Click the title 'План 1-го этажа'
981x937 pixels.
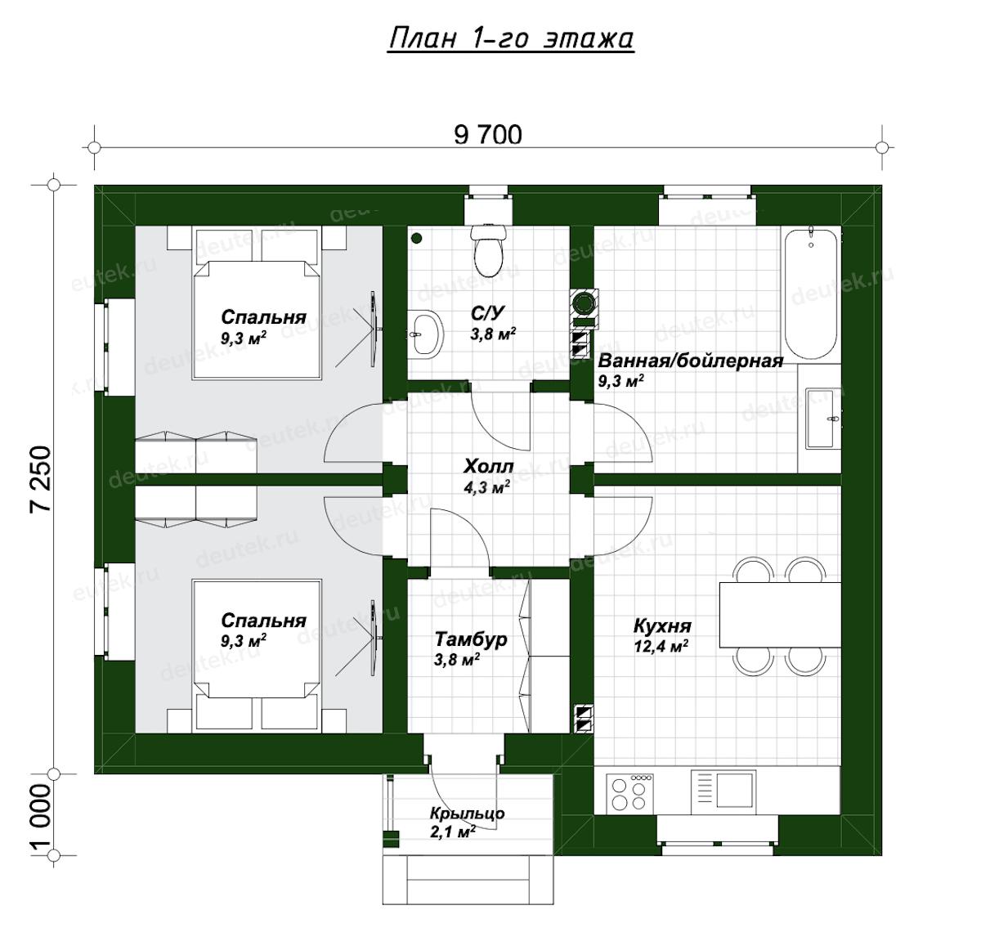tap(510, 38)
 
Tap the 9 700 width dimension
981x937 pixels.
tap(488, 135)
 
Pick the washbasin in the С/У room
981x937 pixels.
tap(426, 334)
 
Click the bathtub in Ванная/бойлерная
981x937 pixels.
tap(811, 294)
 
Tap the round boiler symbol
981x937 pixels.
tap(584, 303)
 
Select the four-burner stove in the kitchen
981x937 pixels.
tap(628, 793)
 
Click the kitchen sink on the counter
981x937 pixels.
tap(723, 791)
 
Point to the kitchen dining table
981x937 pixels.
tap(780, 615)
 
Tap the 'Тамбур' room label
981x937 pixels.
tap(470, 639)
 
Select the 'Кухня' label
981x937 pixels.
tap(662, 626)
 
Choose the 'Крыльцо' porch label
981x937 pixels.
tap(468, 814)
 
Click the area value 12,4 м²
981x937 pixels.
tap(661, 646)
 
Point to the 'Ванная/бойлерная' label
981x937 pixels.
tap(691, 361)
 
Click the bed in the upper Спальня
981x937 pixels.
tap(257, 303)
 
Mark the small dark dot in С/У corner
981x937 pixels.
tap(416, 238)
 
